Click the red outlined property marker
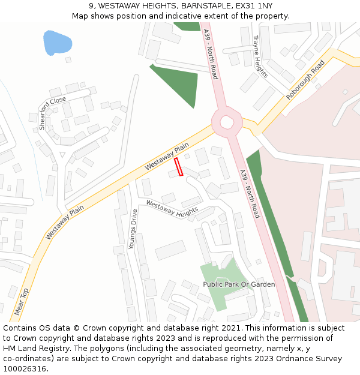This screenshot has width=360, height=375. pos(178,166)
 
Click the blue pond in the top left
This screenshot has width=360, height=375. pos(57,42)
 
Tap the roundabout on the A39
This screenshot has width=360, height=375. pos(227,122)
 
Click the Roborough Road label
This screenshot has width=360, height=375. pos(305,80)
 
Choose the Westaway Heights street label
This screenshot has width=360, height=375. pos(172,209)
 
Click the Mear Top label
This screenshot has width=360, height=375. pos(21,302)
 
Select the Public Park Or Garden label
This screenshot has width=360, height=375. pos(239,284)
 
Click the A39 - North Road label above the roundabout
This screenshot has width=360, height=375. pos(210,54)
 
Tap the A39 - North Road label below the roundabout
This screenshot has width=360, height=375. pos(250,193)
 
